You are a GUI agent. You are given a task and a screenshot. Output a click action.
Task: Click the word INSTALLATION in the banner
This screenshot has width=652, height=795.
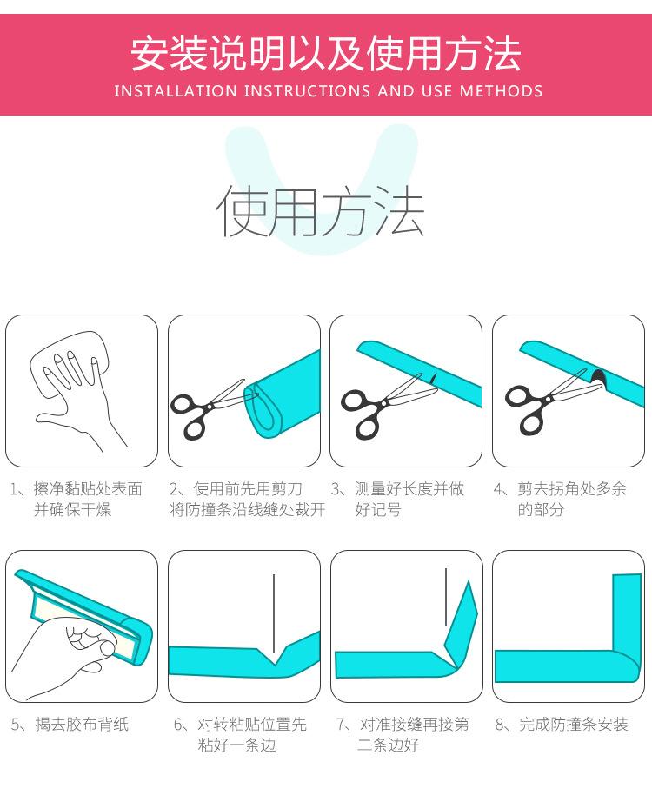[x=176, y=90]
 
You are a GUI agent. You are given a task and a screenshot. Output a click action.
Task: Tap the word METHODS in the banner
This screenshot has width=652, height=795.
[x=501, y=90]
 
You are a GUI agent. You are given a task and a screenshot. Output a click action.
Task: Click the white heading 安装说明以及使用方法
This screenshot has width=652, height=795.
[x=326, y=53]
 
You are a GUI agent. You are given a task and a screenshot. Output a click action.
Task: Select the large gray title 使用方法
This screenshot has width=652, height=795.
[x=320, y=210]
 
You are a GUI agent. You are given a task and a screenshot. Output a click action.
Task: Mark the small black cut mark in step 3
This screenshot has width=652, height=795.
[x=433, y=378]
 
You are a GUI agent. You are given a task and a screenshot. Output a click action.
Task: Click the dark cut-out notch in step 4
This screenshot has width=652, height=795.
[x=599, y=377]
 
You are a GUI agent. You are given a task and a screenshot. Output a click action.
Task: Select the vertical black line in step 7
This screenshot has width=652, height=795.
[x=446, y=597]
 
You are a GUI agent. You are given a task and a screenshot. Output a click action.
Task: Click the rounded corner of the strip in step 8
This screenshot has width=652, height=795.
[x=629, y=669]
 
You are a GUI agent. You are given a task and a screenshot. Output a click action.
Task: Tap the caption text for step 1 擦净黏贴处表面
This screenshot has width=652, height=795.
[x=88, y=489]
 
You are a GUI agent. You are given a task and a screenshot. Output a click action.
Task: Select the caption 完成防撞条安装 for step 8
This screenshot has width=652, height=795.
[x=574, y=724]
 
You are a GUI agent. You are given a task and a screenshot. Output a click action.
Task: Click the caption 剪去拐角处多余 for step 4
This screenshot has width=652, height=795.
[x=572, y=489]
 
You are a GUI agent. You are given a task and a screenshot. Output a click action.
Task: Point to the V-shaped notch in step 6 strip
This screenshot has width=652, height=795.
[x=274, y=658]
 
